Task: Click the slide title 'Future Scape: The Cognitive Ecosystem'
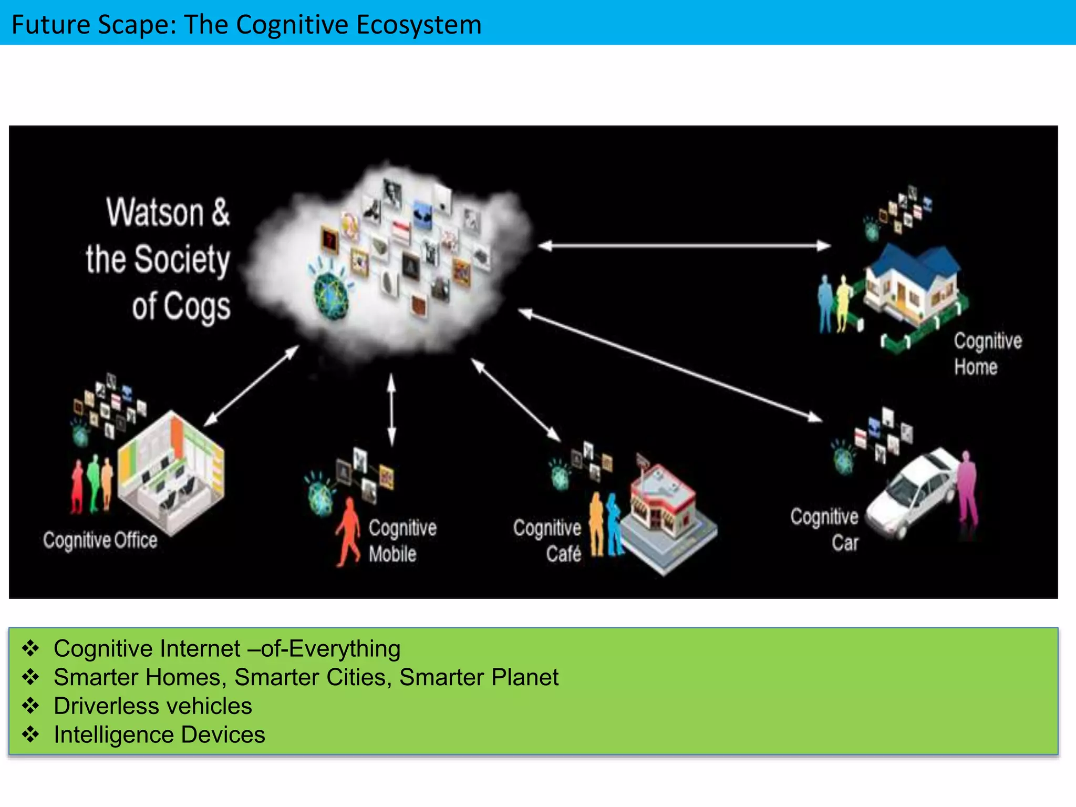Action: pos(246,25)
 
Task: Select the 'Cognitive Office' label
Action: pos(100,540)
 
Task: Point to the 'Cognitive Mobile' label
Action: pos(402,541)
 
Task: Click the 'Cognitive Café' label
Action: pos(548,541)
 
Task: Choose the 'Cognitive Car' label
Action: pos(825,530)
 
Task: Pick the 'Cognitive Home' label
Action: pos(988,354)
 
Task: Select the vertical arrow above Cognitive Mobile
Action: pos(391,409)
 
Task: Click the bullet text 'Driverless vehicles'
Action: pos(153,706)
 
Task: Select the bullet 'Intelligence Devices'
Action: pos(159,734)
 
